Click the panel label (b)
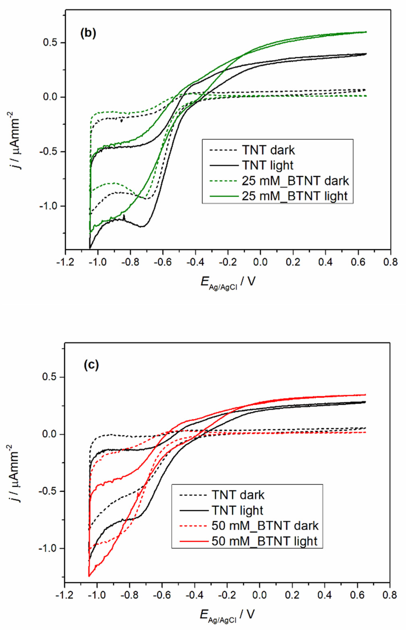click(x=88, y=34)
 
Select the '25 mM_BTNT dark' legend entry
click(x=295, y=181)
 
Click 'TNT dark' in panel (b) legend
click(x=268, y=150)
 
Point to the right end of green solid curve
click(x=366, y=32)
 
